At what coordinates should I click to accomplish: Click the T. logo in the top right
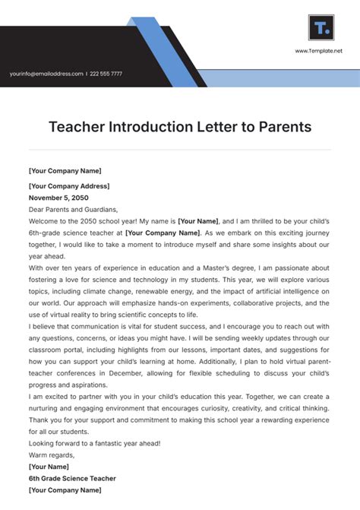point(321,28)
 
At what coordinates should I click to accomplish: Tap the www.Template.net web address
point(319,51)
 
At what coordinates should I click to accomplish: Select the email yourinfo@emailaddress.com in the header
point(46,74)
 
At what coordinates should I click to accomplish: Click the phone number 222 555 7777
point(106,74)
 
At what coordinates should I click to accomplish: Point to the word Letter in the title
point(218,126)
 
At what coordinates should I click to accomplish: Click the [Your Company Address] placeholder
point(69,186)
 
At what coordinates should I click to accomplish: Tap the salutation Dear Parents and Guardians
point(73,209)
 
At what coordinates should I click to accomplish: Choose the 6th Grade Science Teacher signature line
point(73,477)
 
